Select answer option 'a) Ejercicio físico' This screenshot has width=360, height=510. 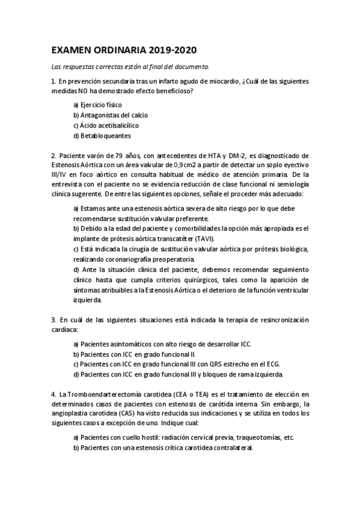(x=97, y=105)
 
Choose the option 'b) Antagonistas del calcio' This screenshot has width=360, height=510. (x=111, y=115)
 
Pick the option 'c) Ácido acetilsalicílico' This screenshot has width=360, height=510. (x=106, y=125)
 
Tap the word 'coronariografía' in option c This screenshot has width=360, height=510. (x=129, y=259)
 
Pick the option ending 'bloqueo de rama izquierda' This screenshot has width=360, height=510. (x=177, y=375)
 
